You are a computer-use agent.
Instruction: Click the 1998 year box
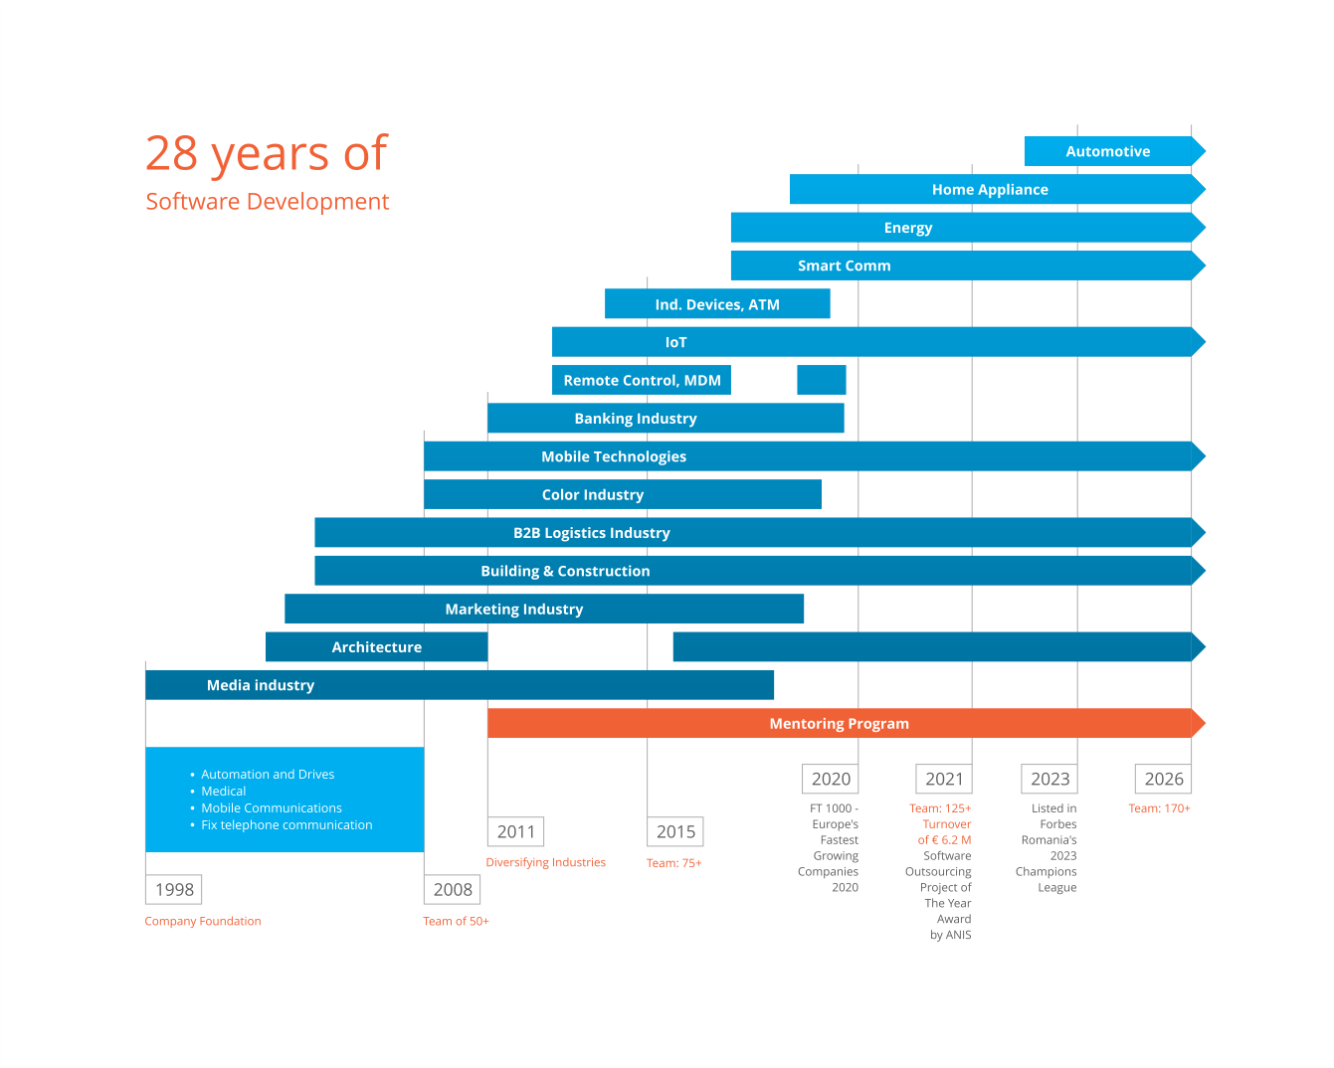tap(174, 890)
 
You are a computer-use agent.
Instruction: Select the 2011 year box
tap(515, 832)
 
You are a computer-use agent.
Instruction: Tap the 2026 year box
tap(1163, 780)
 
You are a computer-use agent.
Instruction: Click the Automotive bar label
tap(1107, 152)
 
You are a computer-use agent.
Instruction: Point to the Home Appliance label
tap(990, 190)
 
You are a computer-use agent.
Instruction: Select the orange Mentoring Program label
tap(839, 724)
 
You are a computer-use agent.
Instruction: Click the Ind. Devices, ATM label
tap(717, 304)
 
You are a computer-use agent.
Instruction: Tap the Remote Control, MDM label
tap(642, 381)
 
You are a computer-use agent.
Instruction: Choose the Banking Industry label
tap(636, 419)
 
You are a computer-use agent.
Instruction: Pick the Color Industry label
tap(593, 495)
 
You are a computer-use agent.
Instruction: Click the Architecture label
tap(376, 647)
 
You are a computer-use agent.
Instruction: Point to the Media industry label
tap(261, 685)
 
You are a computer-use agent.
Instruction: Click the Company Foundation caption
tap(203, 922)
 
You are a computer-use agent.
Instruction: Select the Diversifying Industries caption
tap(545, 863)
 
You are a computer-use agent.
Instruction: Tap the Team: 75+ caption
tap(673, 863)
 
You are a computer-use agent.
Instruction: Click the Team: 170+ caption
tap(1159, 808)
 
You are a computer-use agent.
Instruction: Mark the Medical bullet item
tap(224, 792)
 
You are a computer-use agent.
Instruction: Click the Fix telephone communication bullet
tap(286, 825)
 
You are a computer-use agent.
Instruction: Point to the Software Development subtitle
tap(267, 202)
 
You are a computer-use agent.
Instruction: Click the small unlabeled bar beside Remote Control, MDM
tap(821, 380)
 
